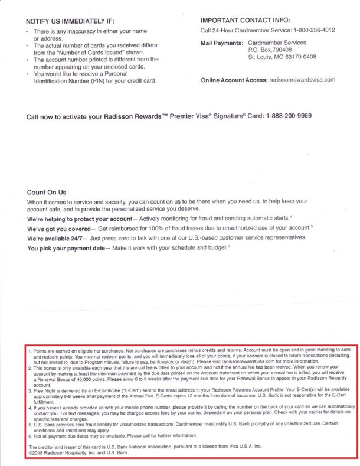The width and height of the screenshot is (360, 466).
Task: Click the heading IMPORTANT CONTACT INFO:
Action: coord(246,21)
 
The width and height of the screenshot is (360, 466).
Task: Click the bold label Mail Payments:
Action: coord(221,43)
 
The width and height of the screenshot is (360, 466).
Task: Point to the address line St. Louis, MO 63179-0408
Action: coord(282,58)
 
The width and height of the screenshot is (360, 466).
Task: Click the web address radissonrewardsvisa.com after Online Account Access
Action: coord(302,80)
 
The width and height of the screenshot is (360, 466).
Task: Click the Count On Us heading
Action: coord(47,192)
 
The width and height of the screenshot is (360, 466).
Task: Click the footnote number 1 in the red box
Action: coord(30,351)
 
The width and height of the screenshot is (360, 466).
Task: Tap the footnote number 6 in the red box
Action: coord(30,435)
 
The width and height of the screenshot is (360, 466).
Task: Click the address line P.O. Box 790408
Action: coord(274,50)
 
